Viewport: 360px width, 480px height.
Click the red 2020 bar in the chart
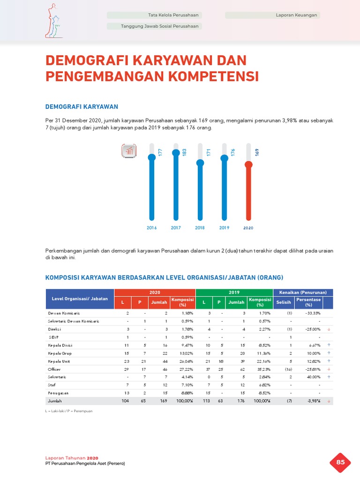(x=248, y=192)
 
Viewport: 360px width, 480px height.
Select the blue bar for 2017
(x=176, y=187)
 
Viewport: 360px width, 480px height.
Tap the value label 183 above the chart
(x=184, y=152)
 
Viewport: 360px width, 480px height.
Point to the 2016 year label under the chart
(x=151, y=228)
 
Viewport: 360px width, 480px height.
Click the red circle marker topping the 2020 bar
(x=248, y=164)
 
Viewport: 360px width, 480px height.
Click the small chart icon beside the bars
(x=129, y=151)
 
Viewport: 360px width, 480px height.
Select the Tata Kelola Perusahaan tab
(x=154, y=15)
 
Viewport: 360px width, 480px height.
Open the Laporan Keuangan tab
(x=272, y=15)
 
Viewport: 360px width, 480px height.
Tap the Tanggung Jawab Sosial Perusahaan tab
(x=154, y=26)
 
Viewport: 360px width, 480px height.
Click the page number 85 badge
(x=341, y=463)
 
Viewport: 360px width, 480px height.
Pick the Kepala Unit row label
(x=57, y=361)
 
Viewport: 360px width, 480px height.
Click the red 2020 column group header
(x=155, y=292)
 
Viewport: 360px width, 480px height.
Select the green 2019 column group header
(x=234, y=292)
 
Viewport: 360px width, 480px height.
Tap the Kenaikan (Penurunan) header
(x=303, y=292)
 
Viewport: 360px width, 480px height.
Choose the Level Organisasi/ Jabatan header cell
(x=80, y=299)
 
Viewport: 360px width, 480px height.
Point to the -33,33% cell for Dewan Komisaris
(x=312, y=313)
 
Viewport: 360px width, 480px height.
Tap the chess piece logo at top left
(x=53, y=21)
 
